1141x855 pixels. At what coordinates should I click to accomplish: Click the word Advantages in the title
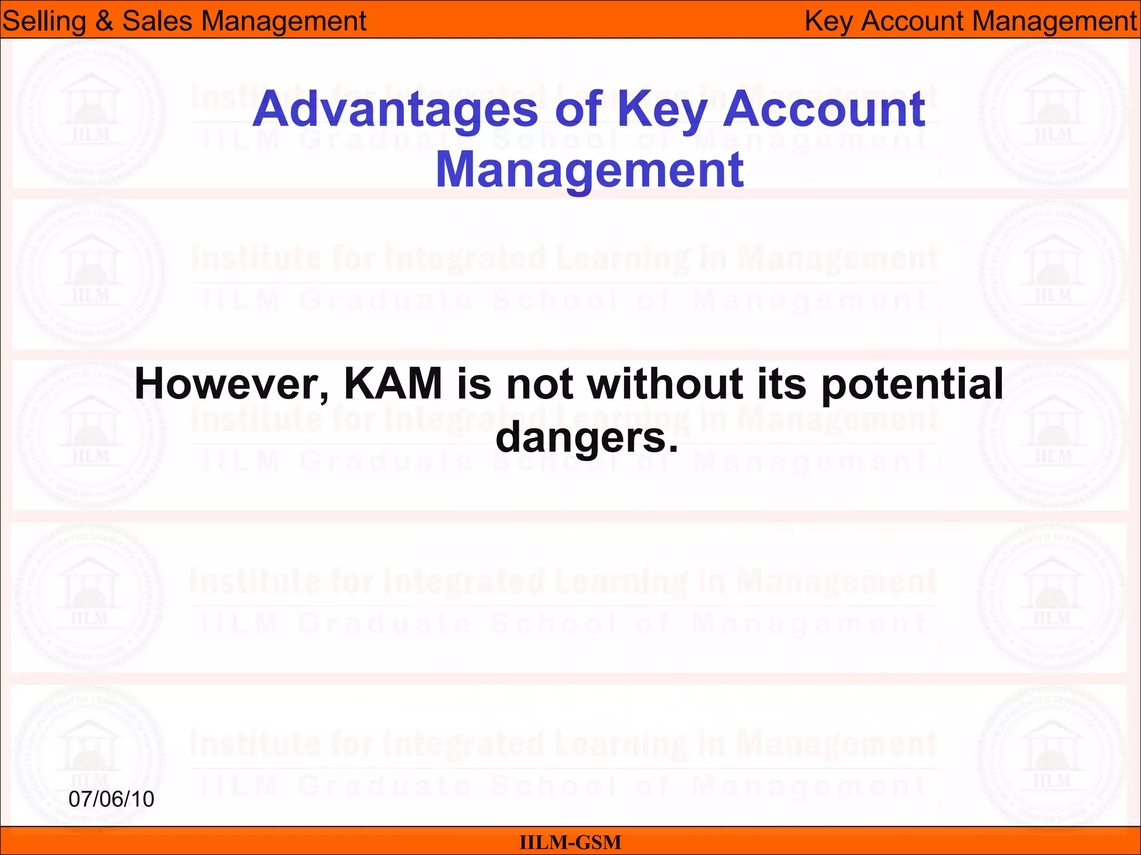point(394,110)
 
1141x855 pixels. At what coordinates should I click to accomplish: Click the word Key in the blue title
point(662,110)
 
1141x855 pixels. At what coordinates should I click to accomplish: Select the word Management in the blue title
point(589,170)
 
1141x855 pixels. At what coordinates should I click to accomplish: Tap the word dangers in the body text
point(586,438)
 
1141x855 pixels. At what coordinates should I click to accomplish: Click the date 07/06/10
point(111,799)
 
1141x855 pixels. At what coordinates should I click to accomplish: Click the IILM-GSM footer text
point(570,842)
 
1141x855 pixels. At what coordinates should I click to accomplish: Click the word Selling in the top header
point(44,21)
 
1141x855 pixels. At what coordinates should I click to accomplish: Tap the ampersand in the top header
point(104,21)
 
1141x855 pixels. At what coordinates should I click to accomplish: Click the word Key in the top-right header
point(828,21)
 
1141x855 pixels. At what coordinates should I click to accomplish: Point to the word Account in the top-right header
point(911,21)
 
